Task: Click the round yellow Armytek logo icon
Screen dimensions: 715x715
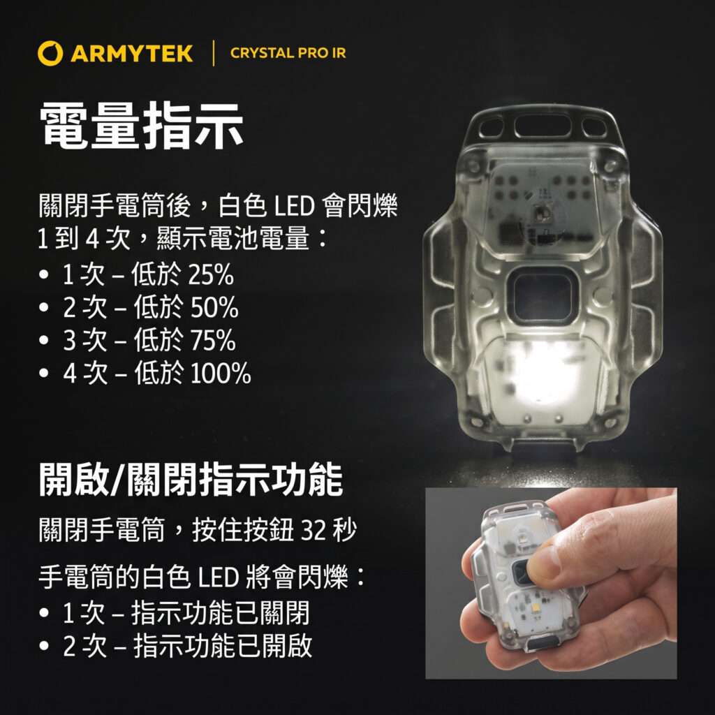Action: tap(50, 53)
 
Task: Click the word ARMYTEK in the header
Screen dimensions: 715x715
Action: tap(132, 53)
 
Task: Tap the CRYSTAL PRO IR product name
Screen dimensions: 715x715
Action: tap(288, 53)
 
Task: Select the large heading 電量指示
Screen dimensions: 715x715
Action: tap(141, 125)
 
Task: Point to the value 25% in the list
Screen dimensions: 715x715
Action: tap(211, 274)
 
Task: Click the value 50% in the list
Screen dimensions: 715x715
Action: tap(214, 307)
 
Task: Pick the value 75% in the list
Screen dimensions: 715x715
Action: tap(213, 340)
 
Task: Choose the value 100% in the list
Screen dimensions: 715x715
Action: tap(221, 373)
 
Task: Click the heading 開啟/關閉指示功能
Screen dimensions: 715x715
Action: tap(191, 479)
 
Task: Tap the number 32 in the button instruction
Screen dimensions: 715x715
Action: tap(315, 531)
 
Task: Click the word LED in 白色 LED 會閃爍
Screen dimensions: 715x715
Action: tap(294, 206)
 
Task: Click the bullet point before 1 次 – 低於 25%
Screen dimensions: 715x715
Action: tap(44, 275)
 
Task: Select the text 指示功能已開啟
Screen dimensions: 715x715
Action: tap(223, 646)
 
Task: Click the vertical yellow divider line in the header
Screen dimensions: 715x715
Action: tap(214, 53)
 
